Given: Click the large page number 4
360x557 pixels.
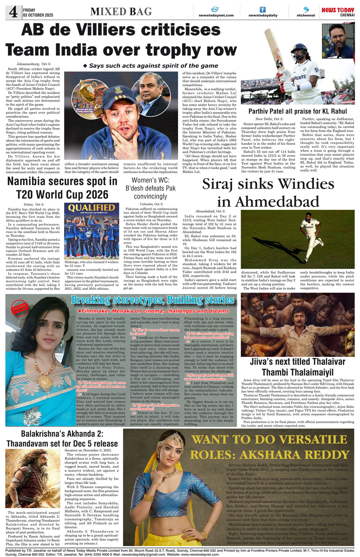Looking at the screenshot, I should [13, 12].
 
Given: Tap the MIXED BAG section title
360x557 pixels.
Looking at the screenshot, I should [121, 12].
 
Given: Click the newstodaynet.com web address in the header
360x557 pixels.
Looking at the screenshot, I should [216, 15].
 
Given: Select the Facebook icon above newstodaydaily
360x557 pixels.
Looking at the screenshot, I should [263, 10].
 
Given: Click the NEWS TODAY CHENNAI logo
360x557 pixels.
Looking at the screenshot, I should [338, 12].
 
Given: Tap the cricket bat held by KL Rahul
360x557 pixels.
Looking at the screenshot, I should [274, 53].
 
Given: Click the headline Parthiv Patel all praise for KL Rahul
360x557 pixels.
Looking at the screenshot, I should [297, 111].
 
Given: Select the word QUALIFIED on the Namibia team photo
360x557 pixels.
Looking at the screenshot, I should [91, 208].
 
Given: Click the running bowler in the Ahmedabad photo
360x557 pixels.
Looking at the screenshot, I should [310, 236].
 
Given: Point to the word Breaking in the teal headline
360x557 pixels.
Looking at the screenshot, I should [91, 300].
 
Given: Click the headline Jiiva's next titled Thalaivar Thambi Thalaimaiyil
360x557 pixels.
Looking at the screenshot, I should [297, 367].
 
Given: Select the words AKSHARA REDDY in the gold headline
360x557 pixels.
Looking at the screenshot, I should [294, 455].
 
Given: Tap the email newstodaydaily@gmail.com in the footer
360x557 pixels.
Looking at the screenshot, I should [144, 554].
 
